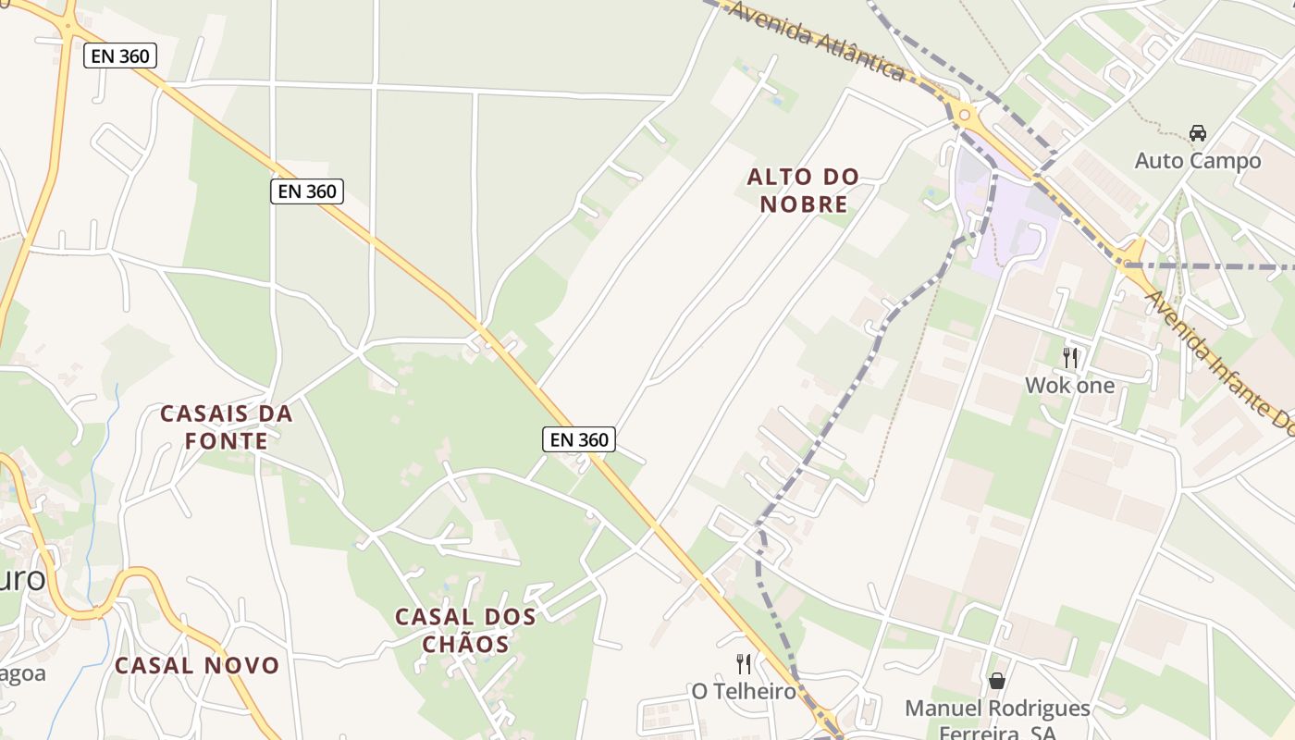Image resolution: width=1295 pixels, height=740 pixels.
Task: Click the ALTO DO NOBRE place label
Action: point(803,190)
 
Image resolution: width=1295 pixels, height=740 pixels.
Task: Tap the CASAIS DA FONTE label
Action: point(227,426)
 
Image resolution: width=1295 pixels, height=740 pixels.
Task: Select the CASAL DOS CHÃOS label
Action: point(465,630)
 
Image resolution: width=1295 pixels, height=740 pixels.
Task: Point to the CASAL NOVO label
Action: point(196,665)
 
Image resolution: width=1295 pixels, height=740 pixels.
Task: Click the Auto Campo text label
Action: point(1198,161)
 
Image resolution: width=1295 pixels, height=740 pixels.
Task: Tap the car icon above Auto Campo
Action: point(1198,133)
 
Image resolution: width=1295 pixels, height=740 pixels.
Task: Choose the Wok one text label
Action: point(1070,385)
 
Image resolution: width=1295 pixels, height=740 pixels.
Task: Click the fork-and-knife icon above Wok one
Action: point(1070,357)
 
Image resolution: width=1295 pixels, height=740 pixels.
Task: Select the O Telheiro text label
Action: point(744,691)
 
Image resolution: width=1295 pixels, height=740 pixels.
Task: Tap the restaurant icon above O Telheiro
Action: point(743,663)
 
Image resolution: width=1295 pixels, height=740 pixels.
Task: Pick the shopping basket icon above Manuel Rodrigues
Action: point(997,682)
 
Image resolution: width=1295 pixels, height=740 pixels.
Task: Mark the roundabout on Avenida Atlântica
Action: point(965,116)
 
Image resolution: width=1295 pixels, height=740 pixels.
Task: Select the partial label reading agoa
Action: point(22,672)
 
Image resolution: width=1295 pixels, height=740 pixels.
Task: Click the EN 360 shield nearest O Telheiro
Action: point(579,439)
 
